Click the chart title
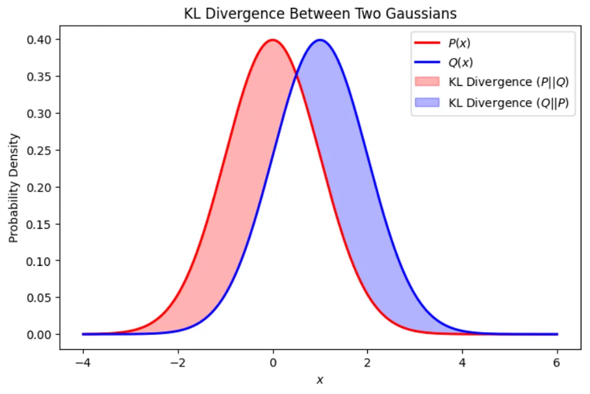click(320, 14)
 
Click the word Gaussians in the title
click(422, 14)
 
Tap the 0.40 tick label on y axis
click(39, 40)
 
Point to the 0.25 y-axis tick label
click(39, 150)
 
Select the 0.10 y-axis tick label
click(39, 261)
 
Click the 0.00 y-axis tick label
click(39, 334)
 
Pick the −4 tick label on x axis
click(83, 363)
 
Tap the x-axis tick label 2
click(367, 363)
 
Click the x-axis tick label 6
click(556, 363)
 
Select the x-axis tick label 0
click(273, 363)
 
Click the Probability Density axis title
click(14, 188)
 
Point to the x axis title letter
click(320, 380)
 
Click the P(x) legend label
click(459, 44)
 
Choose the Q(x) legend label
click(461, 62)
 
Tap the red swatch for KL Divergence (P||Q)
click(427, 82)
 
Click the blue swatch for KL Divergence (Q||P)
click(427, 103)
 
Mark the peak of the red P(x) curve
click(272, 40)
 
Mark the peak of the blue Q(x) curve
click(320, 40)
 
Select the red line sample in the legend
click(427, 43)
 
